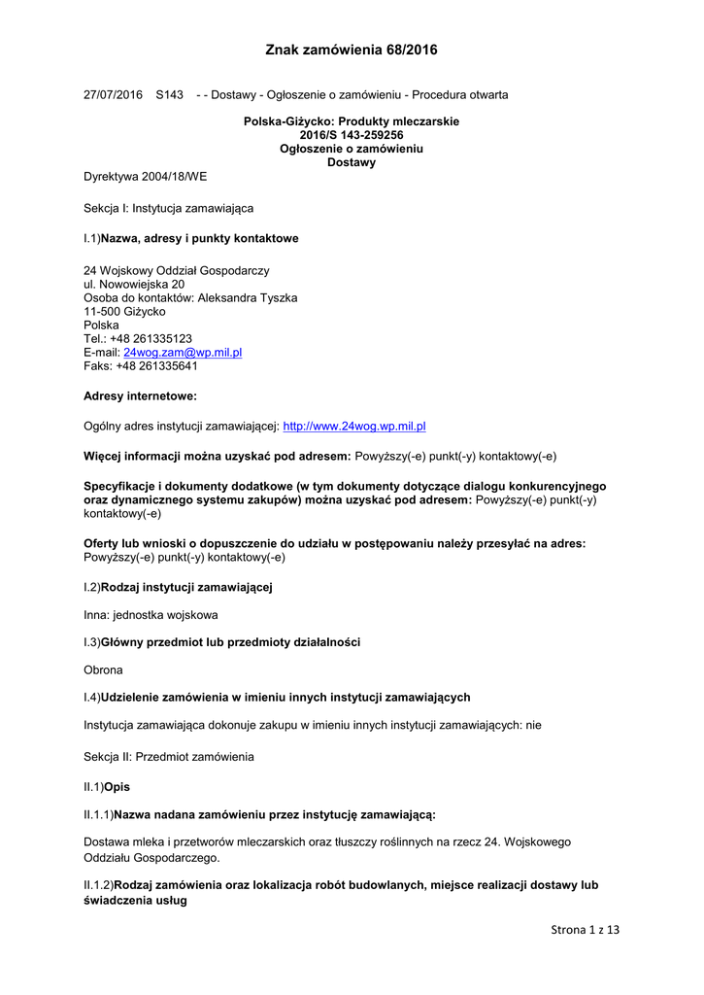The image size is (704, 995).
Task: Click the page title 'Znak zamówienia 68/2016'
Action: click(352, 51)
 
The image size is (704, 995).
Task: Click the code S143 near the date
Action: click(169, 95)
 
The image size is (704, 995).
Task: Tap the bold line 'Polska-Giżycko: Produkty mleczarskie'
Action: click(352, 121)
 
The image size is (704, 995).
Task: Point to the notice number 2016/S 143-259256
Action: click(352, 135)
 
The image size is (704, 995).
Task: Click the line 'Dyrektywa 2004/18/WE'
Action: click(146, 177)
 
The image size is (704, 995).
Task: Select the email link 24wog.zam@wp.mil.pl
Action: click(183, 353)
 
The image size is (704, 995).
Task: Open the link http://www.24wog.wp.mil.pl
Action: click(354, 427)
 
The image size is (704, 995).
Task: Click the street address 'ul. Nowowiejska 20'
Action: click(134, 285)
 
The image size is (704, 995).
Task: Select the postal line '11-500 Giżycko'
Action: click(124, 312)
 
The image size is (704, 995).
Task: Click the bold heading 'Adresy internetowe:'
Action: click(141, 396)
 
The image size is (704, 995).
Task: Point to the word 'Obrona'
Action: click(104, 670)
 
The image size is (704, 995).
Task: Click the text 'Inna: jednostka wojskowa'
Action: click(151, 615)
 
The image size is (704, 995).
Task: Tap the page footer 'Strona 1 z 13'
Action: click(585, 930)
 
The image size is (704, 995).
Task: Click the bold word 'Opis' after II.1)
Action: click(117, 786)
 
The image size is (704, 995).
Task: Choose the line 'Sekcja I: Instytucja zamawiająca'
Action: click(169, 208)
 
